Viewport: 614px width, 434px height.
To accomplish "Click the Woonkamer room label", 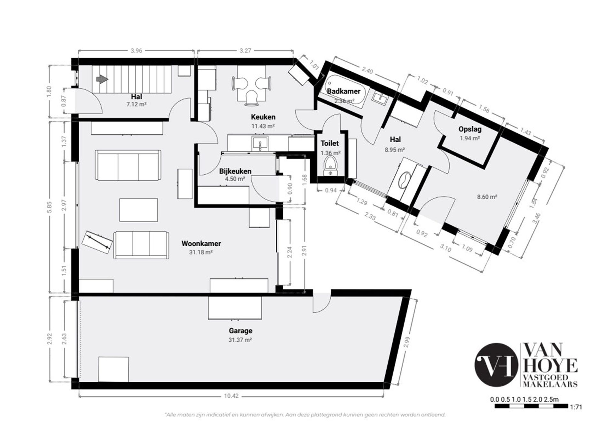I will click(201, 243).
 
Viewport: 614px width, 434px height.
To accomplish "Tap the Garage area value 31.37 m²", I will click(240, 340).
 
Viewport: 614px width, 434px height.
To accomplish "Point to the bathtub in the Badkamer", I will click(344, 91).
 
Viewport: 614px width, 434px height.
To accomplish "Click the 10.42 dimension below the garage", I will click(231, 396).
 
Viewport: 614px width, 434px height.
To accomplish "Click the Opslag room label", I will click(470, 130).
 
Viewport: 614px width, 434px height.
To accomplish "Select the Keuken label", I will click(263, 117).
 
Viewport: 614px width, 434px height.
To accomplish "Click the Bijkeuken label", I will click(235, 171).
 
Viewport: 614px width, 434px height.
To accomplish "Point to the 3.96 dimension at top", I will click(137, 51).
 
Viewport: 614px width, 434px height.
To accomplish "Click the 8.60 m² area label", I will click(487, 197).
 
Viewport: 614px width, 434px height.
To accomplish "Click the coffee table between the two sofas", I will click(138, 210).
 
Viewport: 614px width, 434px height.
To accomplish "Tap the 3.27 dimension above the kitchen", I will click(245, 51).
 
